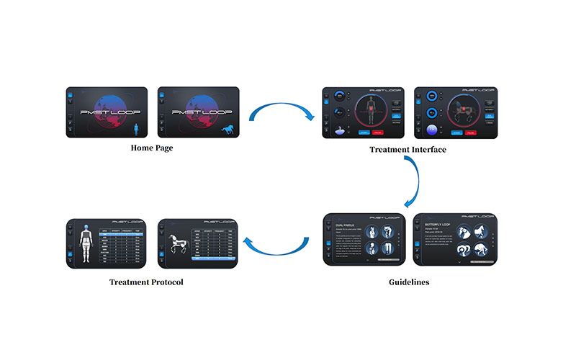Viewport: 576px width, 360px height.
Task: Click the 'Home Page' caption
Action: pos(151,148)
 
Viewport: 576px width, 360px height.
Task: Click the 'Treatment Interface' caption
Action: pos(408,149)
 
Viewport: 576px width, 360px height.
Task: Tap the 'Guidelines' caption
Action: pos(408,282)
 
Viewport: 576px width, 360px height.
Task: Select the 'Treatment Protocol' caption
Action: pos(146,282)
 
